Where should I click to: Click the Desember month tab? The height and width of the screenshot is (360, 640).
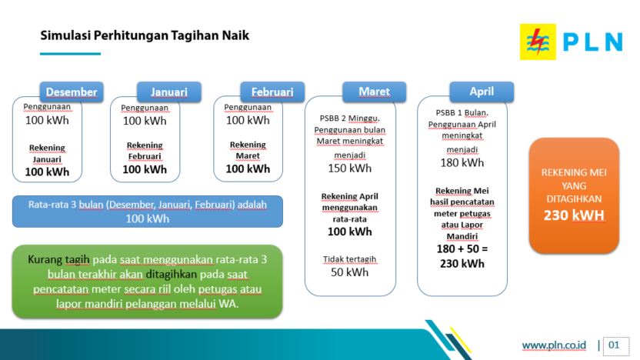click(72, 92)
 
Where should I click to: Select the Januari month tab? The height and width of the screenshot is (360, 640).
click(169, 92)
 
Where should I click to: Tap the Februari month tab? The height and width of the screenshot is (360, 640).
click(272, 92)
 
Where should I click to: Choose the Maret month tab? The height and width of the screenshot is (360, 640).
click(375, 92)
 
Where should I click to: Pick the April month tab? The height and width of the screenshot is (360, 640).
click(482, 92)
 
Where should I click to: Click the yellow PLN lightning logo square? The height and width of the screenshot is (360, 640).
click(538, 42)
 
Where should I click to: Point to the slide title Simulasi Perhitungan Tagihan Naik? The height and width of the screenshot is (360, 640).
click(145, 35)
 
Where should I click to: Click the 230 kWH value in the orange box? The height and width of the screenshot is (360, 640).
click(574, 215)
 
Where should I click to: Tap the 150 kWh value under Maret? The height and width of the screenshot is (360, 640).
click(350, 168)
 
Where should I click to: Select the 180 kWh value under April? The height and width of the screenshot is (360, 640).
click(462, 163)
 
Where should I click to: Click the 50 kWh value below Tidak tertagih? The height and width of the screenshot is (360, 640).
click(350, 272)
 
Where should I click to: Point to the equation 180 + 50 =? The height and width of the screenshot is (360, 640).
click(462, 249)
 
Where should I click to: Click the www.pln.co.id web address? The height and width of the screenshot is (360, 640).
click(554, 345)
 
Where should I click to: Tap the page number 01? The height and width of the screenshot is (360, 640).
click(614, 345)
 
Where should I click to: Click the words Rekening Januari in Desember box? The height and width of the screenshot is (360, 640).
click(47, 154)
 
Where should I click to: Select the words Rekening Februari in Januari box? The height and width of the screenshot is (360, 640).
click(145, 151)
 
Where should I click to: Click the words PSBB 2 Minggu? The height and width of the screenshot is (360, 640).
click(350, 118)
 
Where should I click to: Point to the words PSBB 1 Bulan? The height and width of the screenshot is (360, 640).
click(462, 112)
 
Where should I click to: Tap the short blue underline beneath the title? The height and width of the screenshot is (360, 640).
click(70, 54)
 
